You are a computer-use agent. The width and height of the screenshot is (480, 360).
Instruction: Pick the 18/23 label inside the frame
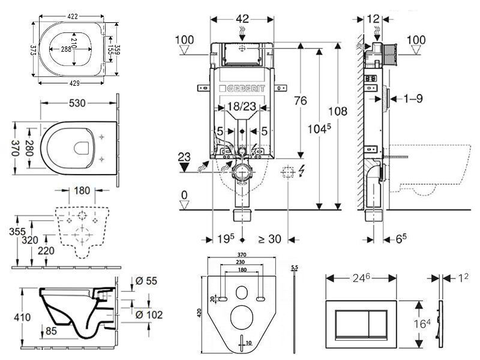click(241, 107)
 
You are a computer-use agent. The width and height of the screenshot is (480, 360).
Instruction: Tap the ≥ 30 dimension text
click(269, 239)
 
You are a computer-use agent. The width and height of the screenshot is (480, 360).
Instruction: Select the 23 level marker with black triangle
click(185, 158)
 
